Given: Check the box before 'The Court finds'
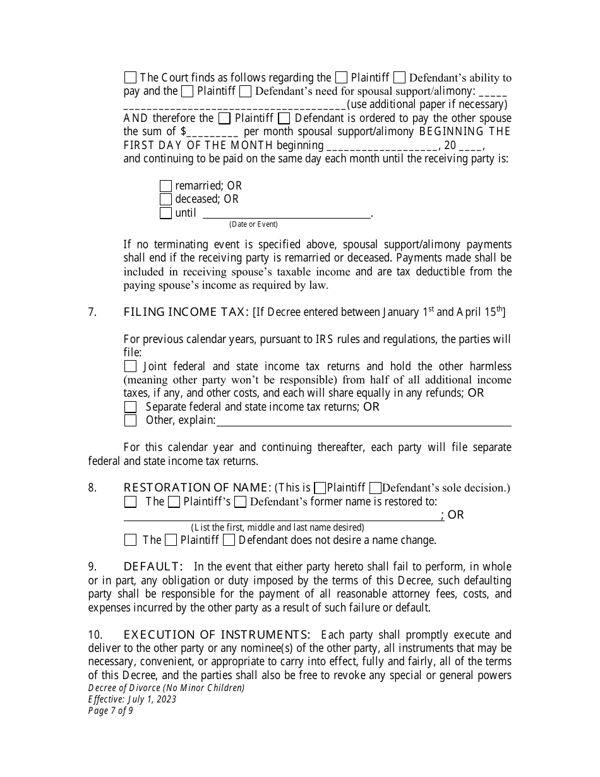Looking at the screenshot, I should (130, 78).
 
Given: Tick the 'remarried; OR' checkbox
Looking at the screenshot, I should (165, 186).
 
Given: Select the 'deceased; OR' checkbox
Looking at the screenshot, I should (165, 200).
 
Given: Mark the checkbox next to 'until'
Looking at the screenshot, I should (165, 213).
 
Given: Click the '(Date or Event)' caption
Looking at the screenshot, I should (253, 224).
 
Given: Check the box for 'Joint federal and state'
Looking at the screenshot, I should (130, 366).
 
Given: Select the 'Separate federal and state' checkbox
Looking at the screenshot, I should (130, 407).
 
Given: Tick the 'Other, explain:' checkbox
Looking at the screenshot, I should (130, 421).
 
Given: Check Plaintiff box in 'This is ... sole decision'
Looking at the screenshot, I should (320, 488).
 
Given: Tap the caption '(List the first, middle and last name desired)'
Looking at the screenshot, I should (277, 527).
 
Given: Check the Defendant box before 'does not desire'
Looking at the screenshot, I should (229, 540).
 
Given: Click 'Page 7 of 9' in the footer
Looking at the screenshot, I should (111, 710).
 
